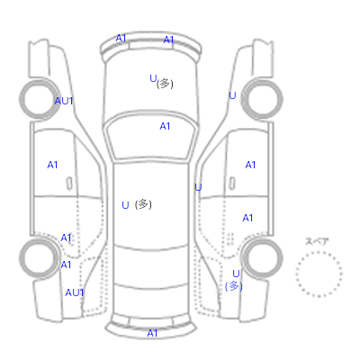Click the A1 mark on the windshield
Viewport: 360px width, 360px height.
point(165,126)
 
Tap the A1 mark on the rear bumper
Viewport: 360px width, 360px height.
point(152,333)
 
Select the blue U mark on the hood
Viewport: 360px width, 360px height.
point(153,78)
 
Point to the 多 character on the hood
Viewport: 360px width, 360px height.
point(165,84)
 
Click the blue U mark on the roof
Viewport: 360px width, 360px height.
point(125,205)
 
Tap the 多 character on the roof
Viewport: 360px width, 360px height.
point(143,204)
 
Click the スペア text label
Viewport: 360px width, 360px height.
point(317,241)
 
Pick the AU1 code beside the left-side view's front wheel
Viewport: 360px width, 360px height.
point(64,101)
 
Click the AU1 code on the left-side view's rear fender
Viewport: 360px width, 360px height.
point(75,292)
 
